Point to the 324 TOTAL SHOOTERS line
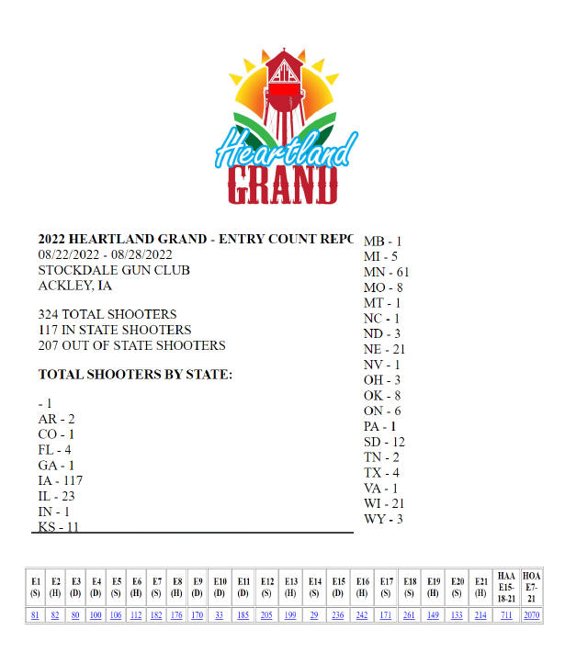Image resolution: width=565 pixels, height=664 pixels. [107, 314]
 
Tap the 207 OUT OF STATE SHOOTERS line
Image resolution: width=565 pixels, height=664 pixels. [131, 345]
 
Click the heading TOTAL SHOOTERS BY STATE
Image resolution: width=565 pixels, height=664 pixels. [135, 375]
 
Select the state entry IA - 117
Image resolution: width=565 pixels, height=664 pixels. [62, 479]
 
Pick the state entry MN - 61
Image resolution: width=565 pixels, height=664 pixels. [387, 272]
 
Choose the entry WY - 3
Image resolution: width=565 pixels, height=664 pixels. [383, 519]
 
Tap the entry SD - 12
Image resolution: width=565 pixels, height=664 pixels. [384, 442]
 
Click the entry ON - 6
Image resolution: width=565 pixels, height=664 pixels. [382, 411]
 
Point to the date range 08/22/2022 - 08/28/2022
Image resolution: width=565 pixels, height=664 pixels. [105, 254]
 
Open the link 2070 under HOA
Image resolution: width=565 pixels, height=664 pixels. [532, 615]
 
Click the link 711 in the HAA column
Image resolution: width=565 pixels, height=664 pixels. [507, 615]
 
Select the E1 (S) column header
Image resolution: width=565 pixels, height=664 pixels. [36, 587]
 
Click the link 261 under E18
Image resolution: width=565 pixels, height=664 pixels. [410, 615]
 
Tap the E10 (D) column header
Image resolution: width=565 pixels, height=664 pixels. [220, 587]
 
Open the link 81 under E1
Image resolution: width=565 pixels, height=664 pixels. [36, 615]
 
